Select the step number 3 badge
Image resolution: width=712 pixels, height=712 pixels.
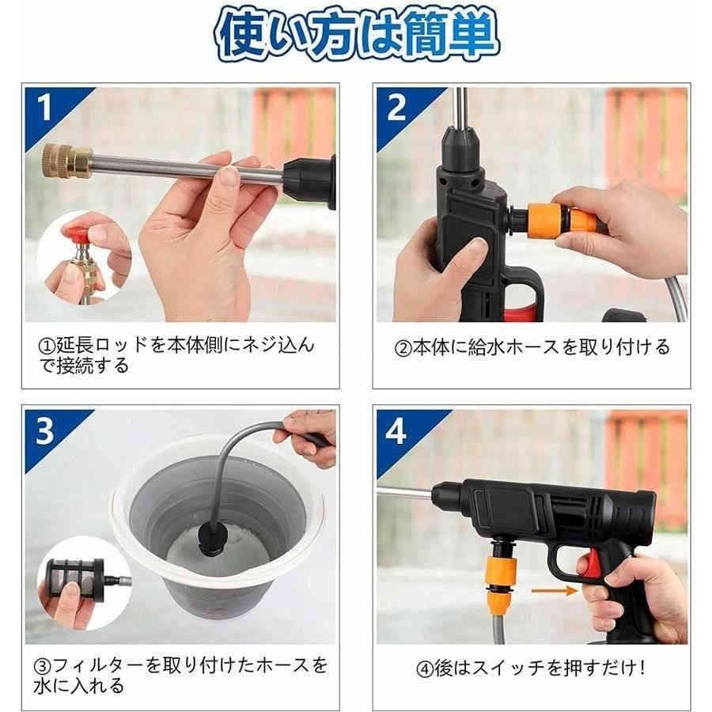pyautogui.click(x=45, y=431)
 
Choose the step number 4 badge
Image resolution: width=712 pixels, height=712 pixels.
pyautogui.click(x=396, y=432)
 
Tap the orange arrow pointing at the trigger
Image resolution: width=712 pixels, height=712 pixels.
pyautogui.click(x=554, y=589)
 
